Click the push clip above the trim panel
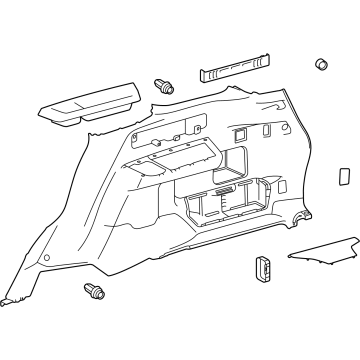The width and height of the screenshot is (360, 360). (x=163, y=87)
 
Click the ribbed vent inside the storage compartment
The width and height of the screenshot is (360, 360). (x=224, y=190)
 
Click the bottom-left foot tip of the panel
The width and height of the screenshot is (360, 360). (x=8, y=300)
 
